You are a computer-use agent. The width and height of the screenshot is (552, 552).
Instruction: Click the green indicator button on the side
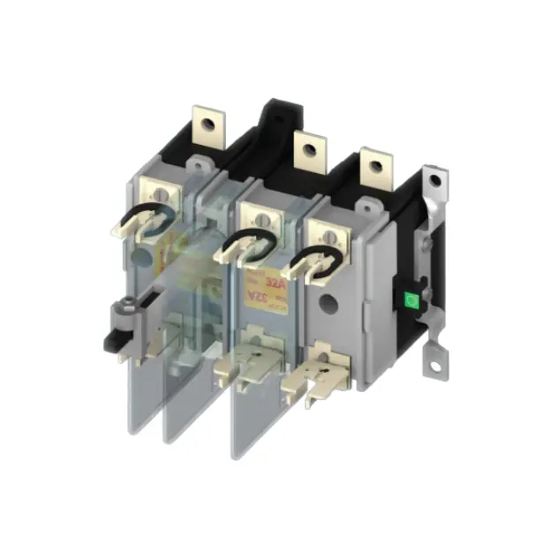411,300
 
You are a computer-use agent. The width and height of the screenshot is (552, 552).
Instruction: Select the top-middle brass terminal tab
306,150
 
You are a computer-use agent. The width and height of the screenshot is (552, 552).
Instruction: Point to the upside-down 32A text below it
256,301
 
